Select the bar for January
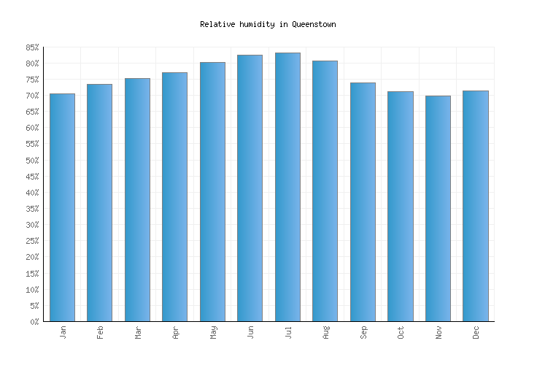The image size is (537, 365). coord(62,207)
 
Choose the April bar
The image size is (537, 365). coord(174,196)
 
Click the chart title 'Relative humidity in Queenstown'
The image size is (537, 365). coord(268,24)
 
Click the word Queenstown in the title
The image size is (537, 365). coord(314,24)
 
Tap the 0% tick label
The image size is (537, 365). coord(33,322)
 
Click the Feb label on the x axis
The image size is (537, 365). coord(100,332)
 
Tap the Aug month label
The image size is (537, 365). coord(325,332)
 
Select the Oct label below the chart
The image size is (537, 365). coord(401,332)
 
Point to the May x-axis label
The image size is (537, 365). coord(213,332)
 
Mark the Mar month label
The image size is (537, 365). coord(138,332)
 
